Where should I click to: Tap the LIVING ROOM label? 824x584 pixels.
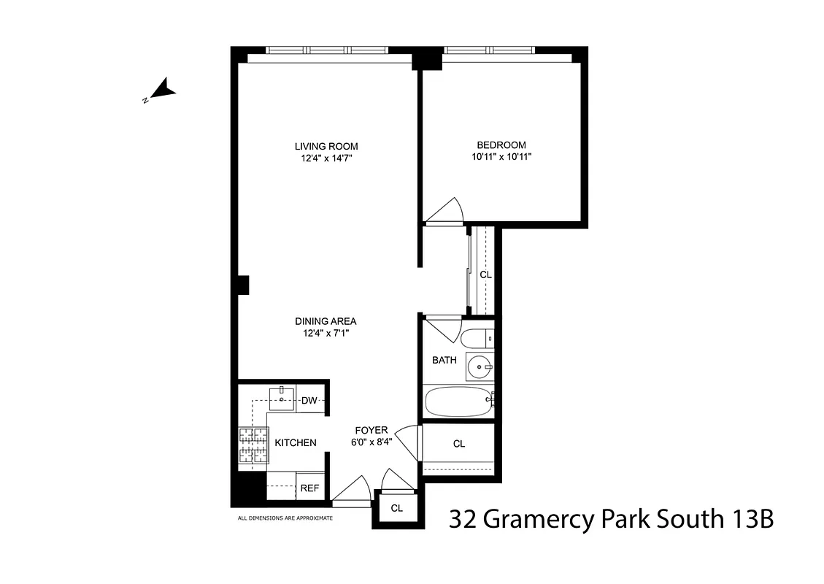pyautogui.click(x=326, y=146)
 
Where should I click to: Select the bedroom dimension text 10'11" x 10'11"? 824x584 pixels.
pyautogui.click(x=501, y=156)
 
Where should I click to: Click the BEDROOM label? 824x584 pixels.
pyautogui.click(x=501, y=145)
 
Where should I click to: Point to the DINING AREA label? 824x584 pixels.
pyautogui.click(x=326, y=321)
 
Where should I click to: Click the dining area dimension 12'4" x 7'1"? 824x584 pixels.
pyautogui.click(x=326, y=334)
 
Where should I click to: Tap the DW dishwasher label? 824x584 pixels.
pyautogui.click(x=309, y=400)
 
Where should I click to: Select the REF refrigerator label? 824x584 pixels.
pyautogui.click(x=309, y=488)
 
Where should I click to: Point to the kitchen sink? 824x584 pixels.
pyautogui.click(x=282, y=400)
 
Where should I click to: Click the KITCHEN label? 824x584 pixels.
pyautogui.click(x=296, y=442)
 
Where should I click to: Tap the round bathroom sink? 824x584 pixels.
pyautogui.click(x=480, y=366)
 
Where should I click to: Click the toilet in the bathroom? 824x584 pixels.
pyautogui.click(x=478, y=339)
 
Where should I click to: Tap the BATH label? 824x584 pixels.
pyautogui.click(x=444, y=360)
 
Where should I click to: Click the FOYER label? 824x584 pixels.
pyautogui.click(x=371, y=430)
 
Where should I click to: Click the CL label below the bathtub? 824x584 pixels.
pyautogui.click(x=459, y=444)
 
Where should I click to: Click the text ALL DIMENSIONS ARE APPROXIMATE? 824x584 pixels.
pyautogui.click(x=285, y=518)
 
